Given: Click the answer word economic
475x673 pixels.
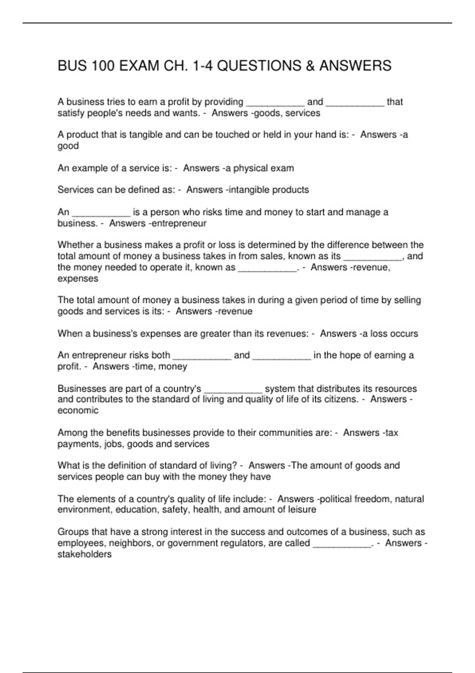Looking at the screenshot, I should [78, 410].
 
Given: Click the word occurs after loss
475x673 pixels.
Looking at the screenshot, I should [404, 333].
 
